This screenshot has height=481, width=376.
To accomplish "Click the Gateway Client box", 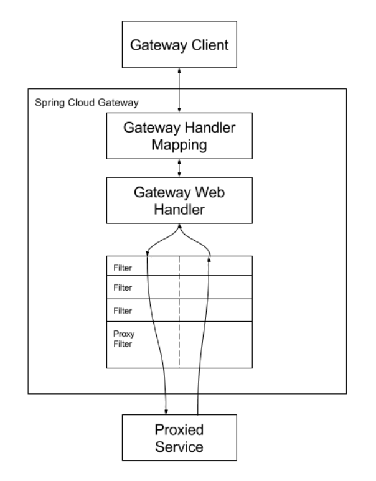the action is [179, 44].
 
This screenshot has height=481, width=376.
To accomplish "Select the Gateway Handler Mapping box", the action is [179, 136].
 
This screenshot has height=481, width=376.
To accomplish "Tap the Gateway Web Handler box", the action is [179, 200].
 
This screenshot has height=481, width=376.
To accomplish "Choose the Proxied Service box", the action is [179, 437].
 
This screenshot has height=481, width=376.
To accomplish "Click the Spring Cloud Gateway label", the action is [87, 103].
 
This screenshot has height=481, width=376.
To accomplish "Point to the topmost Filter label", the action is [123, 268].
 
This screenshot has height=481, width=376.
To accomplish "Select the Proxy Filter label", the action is [124, 339].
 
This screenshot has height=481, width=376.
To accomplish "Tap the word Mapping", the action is [179, 145].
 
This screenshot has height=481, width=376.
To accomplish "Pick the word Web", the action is [210, 193].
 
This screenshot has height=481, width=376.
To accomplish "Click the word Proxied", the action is [179, 429].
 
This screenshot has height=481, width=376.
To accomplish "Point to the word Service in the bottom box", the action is [179, 447].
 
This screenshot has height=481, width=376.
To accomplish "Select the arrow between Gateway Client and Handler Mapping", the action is [179, 90].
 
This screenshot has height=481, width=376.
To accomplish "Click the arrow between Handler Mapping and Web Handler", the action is [179, 168].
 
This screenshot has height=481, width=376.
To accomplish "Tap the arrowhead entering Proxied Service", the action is [166, 412].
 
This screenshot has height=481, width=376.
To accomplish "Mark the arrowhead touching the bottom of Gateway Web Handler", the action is [179, 226].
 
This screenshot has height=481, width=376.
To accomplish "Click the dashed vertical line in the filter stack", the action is [179, 312].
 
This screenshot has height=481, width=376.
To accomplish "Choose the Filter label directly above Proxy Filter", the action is [123, 311].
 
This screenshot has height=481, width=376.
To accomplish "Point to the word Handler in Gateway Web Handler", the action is [179, 210].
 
